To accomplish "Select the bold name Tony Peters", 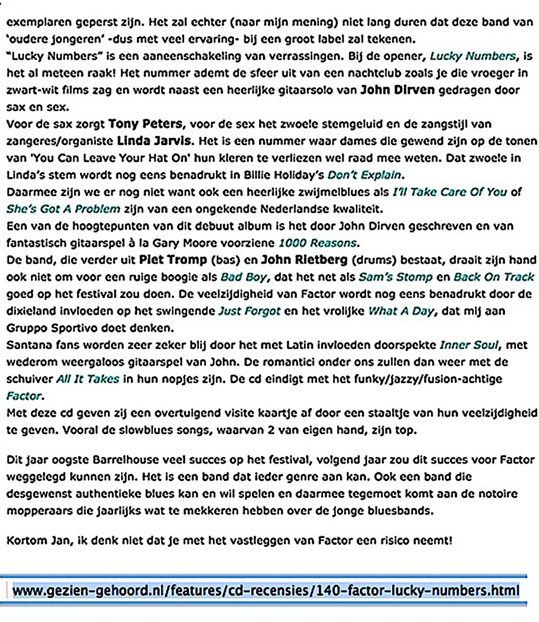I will (145, 124).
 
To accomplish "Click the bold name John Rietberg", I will (304, 260).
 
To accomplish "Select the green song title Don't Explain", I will (364, 175).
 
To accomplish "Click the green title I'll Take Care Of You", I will (449, 192).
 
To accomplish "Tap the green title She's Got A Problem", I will (63, 209).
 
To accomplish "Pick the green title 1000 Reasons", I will (318, 243).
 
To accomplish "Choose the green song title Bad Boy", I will (244, 277).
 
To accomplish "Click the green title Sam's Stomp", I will (395, 277).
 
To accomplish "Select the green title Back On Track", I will (494, 277).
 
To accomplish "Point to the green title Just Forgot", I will (249, 311).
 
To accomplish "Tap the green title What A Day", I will (401, 311).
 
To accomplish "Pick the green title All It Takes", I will (88, 379).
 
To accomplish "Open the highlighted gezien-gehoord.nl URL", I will (266, 590).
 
